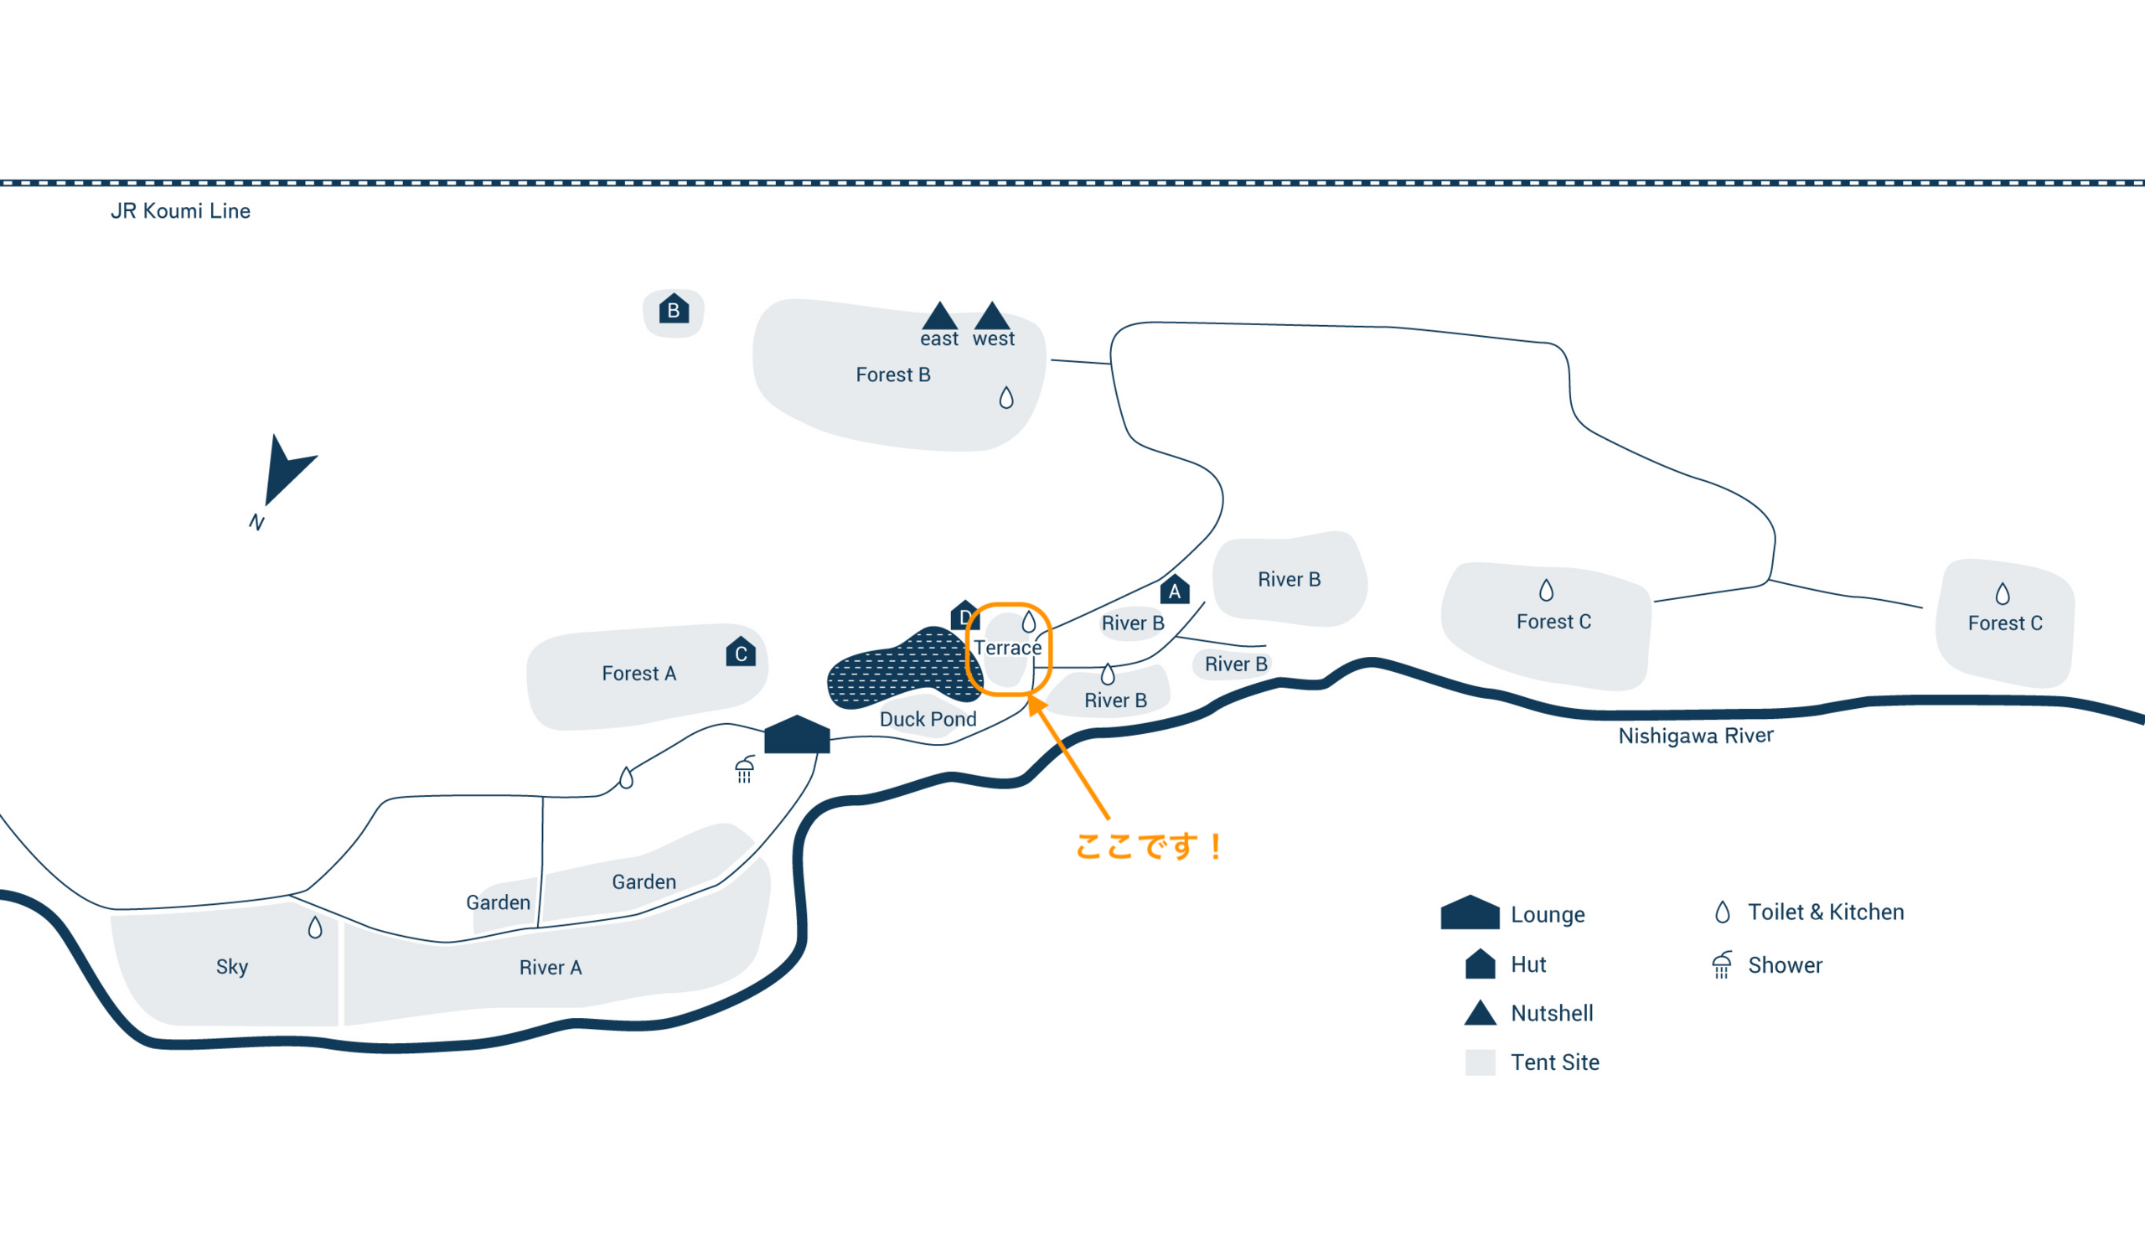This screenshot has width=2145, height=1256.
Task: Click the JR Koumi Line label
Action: [x=180, y=211]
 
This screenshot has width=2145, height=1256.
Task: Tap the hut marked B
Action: [x=674, y=309]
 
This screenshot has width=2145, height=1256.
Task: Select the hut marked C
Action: [x=741, y=653]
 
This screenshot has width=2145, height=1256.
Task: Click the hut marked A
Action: [x=1174, y=591]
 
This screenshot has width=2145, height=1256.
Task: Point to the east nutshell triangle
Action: [x=940, y=317]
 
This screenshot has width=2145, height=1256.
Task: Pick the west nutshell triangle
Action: [x=991, y=317]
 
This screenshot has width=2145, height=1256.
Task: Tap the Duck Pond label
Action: [x=928, y=719]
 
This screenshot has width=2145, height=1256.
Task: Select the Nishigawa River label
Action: [x=1696, y=735]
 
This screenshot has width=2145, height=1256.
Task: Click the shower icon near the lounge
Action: [x=745, y=769]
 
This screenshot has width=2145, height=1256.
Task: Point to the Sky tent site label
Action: [x=231, y=967]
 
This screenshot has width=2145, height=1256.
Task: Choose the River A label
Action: [x=550, y=968]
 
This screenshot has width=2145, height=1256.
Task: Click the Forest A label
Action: [x=639, y=673]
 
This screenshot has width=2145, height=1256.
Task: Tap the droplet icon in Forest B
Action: [x=1006, y=397]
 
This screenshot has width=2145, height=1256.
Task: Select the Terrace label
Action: [x=1008, y=648]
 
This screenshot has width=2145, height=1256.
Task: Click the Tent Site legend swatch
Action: [x=1481, y=1062]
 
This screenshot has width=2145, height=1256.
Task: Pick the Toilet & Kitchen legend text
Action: [x=1826, y=912]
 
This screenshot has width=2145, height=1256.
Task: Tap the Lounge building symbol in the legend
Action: [x=1470, y=912]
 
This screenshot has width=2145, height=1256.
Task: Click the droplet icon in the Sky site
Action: [x=315, y=928]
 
